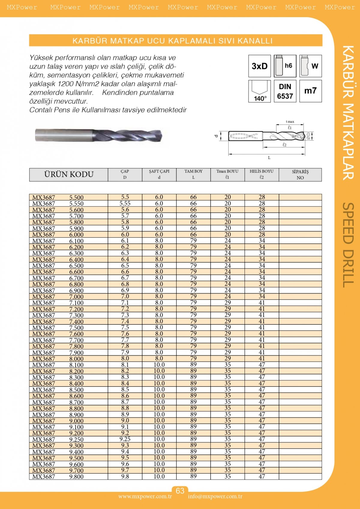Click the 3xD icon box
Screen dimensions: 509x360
pos(259,66)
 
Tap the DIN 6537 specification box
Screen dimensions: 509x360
pos(285,91)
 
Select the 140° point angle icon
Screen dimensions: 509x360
pos(259,91)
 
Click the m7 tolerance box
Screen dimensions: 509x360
pos(310,91)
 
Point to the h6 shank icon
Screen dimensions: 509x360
pos(285,66)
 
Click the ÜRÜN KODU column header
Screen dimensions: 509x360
pos(69,174)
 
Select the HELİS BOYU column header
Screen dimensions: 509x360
pos(262,174)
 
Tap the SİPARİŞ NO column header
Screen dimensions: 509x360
pos(300,174)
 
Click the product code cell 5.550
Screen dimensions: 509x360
pos(76,203)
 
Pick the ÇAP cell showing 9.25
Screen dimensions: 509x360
pos(125,439)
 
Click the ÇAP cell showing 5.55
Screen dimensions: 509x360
pos(125,203)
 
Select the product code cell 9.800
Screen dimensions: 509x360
pos(76,477)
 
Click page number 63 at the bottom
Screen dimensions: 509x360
pos(180,491)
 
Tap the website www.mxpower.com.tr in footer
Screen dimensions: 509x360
pos(145,496)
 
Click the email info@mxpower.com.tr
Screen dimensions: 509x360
pos(215,496)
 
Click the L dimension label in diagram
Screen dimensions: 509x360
pos(269,158)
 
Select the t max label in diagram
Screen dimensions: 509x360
pos(290,122)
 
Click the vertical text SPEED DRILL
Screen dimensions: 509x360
pos(348,245)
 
